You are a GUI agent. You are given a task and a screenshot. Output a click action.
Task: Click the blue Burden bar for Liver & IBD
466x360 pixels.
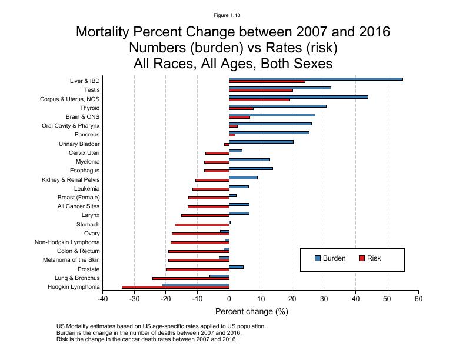[x=315, y=79]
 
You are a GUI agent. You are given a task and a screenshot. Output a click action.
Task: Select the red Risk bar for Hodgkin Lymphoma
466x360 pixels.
[x=175, y=287]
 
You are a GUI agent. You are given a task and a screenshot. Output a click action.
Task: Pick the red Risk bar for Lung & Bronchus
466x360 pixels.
[x=191, y=278]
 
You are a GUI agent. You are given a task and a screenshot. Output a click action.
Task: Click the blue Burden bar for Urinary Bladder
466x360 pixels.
[x=261, y=141]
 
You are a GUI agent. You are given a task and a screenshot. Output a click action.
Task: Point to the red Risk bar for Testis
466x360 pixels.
[x=261, y=91]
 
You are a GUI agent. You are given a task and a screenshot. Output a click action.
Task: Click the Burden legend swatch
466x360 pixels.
[x=318, y=258]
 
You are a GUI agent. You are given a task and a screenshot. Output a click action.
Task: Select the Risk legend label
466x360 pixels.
[x=374, y=258]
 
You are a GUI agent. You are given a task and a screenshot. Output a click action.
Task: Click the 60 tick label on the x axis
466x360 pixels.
[x=418, y=299]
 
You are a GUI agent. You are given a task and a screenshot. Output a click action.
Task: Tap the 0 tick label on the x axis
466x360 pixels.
[x=229, y=299]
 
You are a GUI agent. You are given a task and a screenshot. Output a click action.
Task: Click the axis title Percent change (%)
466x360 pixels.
[x=251, y=311]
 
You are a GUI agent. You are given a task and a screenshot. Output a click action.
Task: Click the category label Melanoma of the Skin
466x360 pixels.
[x=71, y=260]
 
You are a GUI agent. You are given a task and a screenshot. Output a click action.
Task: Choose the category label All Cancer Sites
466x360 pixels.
[x=78, y=206]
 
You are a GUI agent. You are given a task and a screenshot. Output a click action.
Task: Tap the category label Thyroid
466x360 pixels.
[x=90, y=108]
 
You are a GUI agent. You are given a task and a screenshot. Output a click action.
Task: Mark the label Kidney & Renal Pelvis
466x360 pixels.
[x=71, y=179]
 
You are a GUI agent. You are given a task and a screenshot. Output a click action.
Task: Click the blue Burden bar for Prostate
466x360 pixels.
[x=236, y=267]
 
